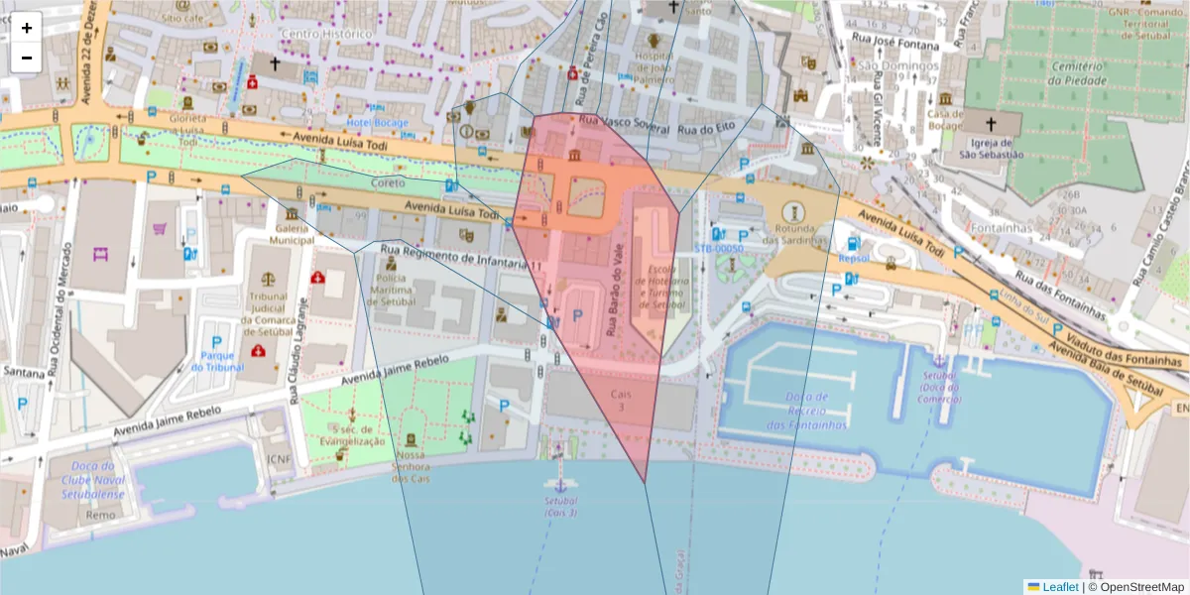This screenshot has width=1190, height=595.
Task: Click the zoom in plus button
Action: pos(27,28)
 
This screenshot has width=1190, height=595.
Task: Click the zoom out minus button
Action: pos(27,58)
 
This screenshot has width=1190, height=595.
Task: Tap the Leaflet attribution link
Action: pos(1060,586)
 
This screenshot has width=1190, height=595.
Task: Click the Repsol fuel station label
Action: pos(853,257)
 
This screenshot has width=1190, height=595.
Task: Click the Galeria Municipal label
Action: pos(292,233)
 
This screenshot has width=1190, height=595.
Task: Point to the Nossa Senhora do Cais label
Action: pos(410,466)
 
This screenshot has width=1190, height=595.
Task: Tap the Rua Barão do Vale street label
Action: pos(619,297)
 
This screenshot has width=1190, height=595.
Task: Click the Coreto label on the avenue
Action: pos(388,183)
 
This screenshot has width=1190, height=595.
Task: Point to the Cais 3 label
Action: pos(621,400)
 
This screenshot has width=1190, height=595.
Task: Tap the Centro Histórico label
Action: pos(327,34)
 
